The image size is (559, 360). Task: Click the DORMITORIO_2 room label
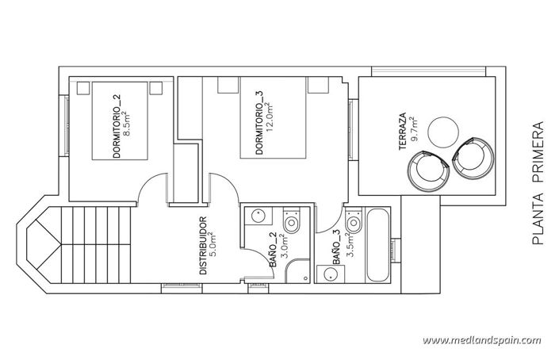coord(117,126)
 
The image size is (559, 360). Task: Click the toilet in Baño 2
coord(293,222)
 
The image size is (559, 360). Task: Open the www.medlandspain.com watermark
coord(481,340)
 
